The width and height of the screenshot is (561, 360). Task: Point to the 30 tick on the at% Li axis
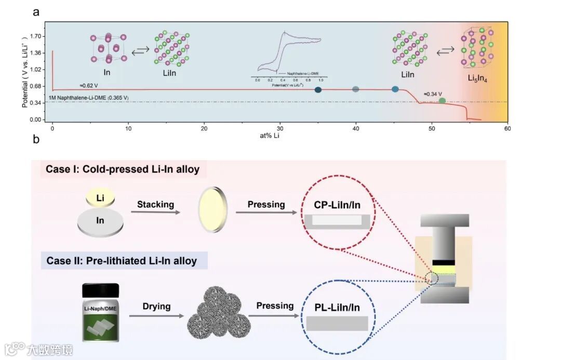point(280,128)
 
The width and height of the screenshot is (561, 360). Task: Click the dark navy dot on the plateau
point(318,90)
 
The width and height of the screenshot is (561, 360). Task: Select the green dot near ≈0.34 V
point(442,101)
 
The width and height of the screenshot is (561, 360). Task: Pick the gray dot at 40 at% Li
point(356,89)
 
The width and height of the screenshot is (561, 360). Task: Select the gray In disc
point(100,221)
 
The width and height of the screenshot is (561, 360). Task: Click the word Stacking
point(155,204)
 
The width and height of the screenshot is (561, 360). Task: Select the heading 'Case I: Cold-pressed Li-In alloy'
point(123,169)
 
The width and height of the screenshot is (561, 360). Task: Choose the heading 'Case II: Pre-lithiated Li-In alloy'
point(122,260)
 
